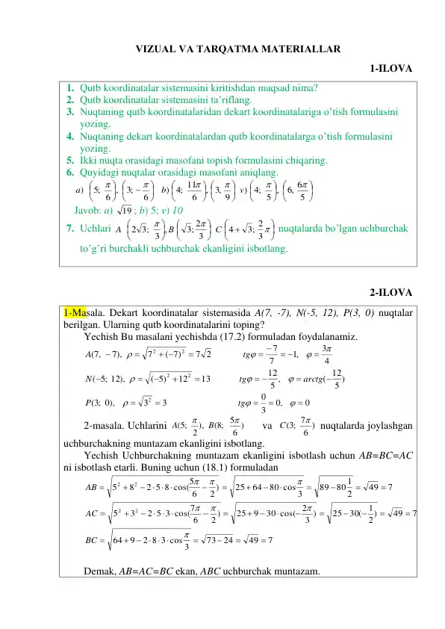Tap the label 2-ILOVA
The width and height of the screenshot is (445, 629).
(x=390, y=292)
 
